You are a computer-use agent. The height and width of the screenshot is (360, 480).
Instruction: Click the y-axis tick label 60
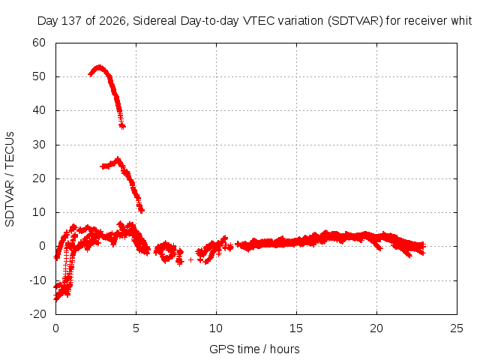(x=39, y=43)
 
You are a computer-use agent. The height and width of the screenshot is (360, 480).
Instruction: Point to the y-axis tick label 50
(x=39, y=76)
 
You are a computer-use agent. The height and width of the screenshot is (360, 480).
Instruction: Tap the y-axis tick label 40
(x=39, y=110)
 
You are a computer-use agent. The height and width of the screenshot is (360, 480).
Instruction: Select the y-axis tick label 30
(x=39, y=145)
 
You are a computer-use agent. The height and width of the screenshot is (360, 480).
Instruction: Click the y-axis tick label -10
(x=37, y=280)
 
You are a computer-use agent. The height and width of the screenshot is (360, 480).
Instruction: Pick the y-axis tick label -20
(x=37, y=314)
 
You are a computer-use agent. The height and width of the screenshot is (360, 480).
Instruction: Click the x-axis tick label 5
(x=136, y=328)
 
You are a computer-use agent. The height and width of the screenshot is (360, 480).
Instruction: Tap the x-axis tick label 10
(x=216, y=328)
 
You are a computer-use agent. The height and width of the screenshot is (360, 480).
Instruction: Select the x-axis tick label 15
(x=296, y=328)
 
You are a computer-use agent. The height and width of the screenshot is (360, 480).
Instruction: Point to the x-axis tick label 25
(x=457, y=328)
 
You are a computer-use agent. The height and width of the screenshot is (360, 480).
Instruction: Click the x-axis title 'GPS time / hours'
(x=254, y=349)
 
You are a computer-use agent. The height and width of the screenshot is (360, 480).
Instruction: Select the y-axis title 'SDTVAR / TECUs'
(x=10, y=179)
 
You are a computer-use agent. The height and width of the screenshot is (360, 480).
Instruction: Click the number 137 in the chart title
(x=72, y=21)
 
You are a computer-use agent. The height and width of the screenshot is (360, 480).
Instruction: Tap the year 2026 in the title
(x=112, y=21)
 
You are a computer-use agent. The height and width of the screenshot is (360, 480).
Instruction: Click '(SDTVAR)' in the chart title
(x=355, y=21)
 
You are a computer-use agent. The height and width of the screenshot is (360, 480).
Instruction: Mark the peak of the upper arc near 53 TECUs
(x=99, y=67)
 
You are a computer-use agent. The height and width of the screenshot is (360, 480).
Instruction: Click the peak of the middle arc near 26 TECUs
(x=118, y=159)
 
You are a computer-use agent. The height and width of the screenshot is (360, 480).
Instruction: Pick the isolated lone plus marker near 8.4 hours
(x=190, y=259)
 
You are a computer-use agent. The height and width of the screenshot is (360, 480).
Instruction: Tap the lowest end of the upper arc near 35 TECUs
(x=122, y=127)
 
